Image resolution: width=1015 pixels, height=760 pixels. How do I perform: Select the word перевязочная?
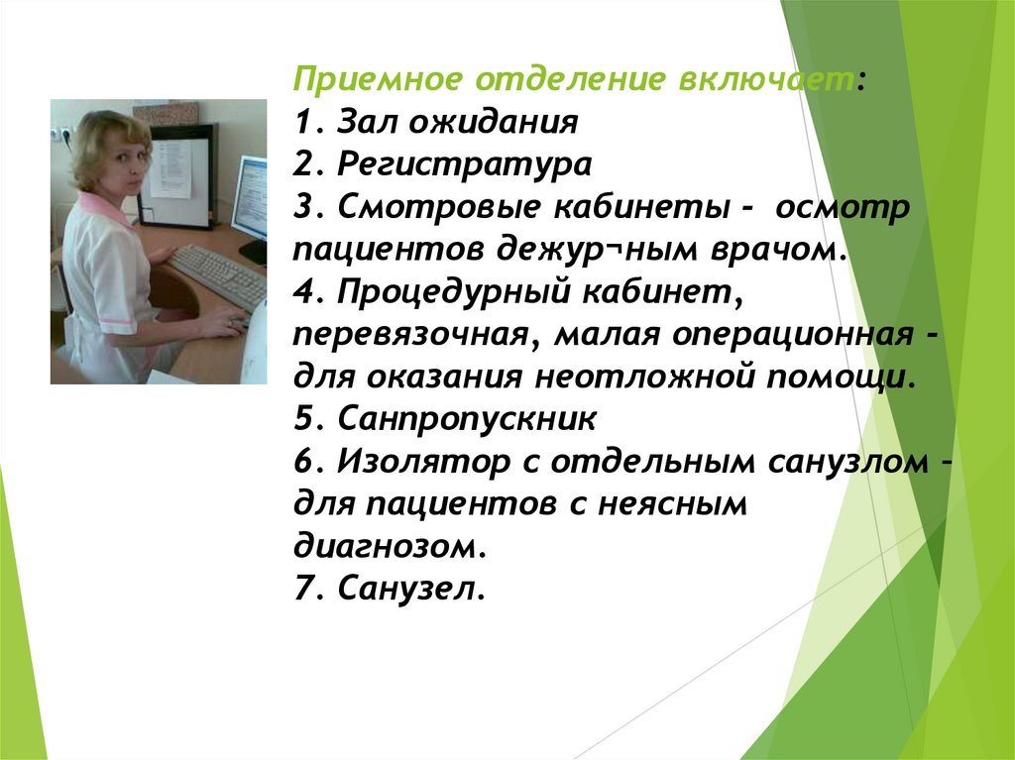407,335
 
